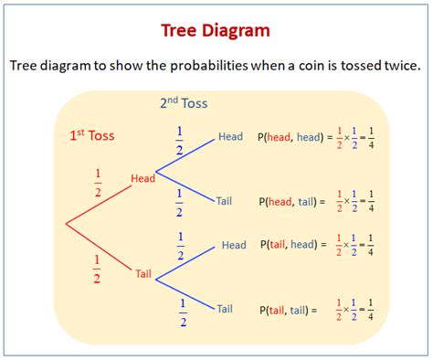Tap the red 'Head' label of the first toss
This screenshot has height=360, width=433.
(143, 178)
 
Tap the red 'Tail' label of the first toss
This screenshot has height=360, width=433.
(143, 272)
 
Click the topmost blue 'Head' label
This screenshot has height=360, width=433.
(230, 137)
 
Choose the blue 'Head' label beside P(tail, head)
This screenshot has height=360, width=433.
(234, 245)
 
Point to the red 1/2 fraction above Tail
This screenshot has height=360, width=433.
(97, 270)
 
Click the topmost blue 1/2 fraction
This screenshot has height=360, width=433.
(179, 140)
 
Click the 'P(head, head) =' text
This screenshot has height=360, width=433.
(288, 137)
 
